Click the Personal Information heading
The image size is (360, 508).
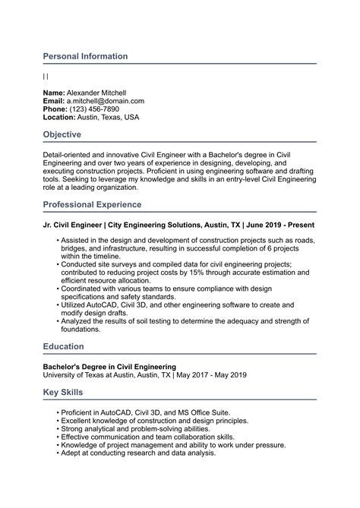click(85, 56)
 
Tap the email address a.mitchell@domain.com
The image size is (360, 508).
click(105, 101)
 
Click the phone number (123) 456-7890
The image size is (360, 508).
click(94, 109)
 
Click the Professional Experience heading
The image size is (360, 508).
click(92, 205)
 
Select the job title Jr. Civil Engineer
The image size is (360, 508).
click(73, 226)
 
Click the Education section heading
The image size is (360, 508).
click(64, 347)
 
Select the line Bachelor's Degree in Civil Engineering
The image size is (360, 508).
click(109, 367)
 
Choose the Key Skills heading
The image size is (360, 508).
click(63, 393)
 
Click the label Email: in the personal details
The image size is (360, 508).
click(54, 101)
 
